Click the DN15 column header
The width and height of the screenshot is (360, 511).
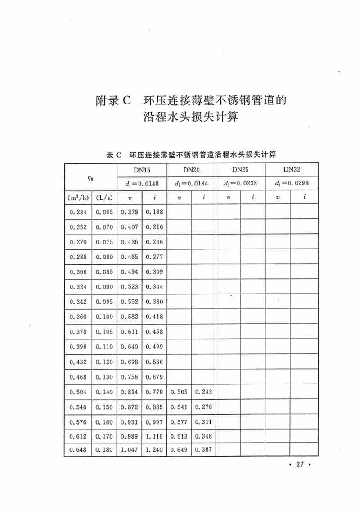coord(142,170)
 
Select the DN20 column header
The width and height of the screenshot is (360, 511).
coord(191,170)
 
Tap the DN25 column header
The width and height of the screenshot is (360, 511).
coord(241,170)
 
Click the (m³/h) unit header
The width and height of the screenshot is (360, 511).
coord(78,197)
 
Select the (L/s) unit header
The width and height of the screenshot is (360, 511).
coord(104,197)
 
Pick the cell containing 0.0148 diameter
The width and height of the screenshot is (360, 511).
coord(142,184)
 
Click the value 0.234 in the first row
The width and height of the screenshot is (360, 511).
coord(78,213)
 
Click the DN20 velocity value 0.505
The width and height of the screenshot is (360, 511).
coord(179,392)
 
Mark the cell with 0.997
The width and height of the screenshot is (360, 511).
coord(154,422)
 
